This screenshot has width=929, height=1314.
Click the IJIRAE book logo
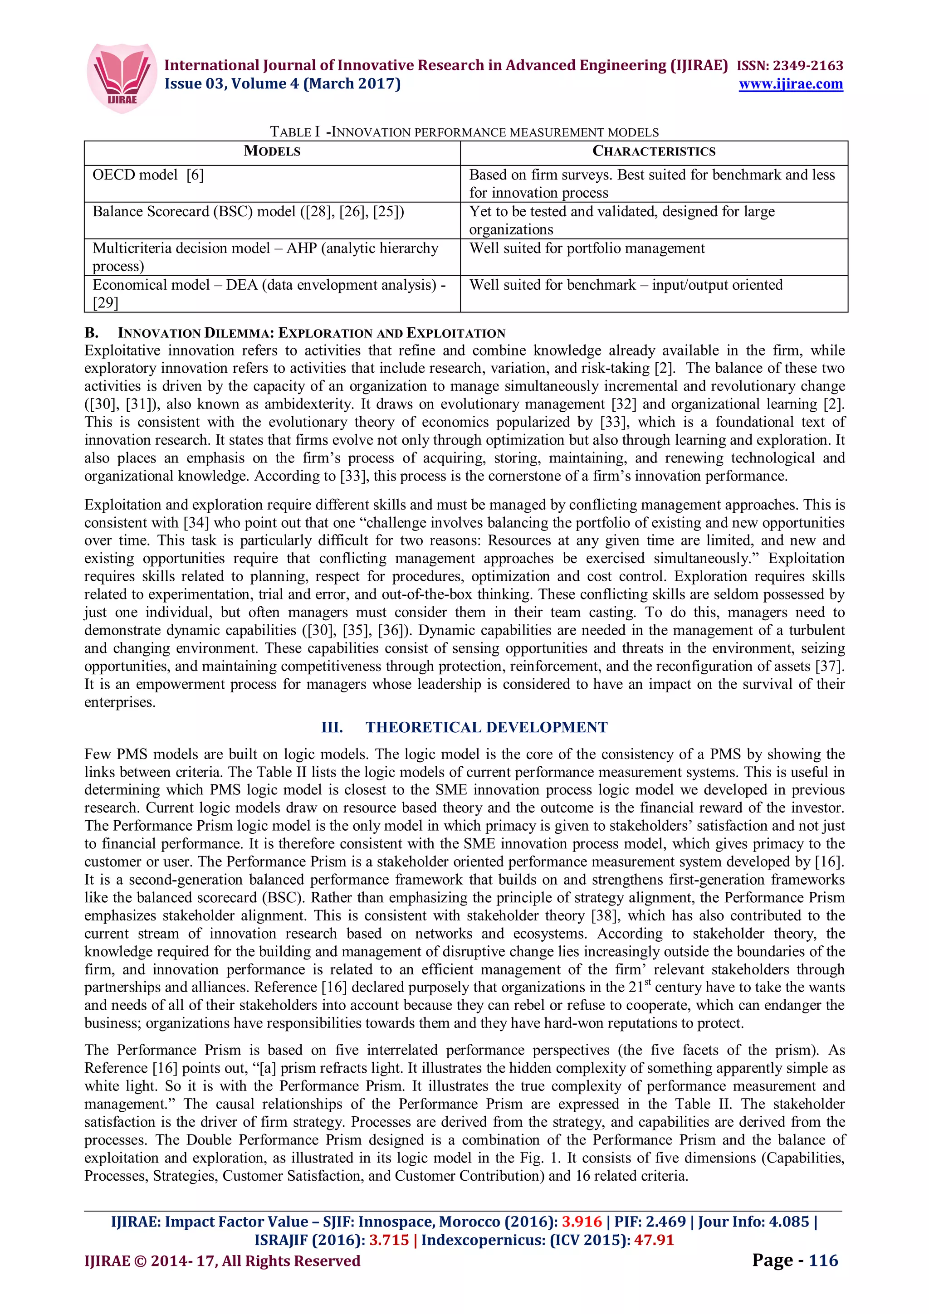[122, 77]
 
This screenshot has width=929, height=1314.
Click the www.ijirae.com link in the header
[791, 84]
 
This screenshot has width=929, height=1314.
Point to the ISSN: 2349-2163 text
[789, 65]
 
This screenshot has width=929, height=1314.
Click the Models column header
[272, 151]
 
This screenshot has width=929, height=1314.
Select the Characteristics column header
[654, 151]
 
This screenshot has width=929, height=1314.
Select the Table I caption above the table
[464, 132]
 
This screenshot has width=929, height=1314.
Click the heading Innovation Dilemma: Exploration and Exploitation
[311, 333]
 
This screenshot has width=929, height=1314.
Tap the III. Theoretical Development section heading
[464, 727]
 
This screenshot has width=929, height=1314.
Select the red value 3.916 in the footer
[582, 1222]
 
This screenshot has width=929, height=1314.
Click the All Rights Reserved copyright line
[222, 1261]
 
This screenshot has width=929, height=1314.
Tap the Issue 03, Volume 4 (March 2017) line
[282, 84]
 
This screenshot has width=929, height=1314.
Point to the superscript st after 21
[648, 982]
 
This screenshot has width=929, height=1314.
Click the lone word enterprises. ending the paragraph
[120, 702]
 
